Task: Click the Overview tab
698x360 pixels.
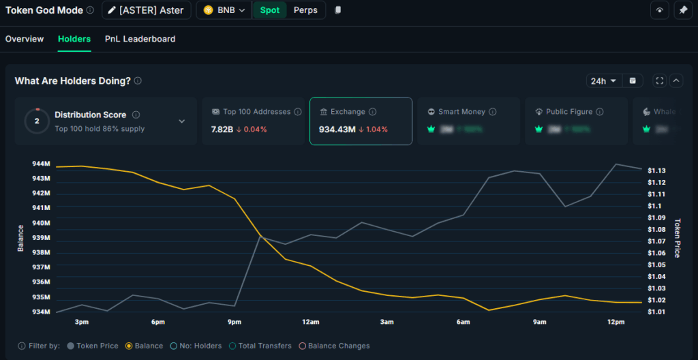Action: [25, 39]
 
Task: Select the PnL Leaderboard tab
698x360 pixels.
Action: [140, 39]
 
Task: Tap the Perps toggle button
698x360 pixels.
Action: [305, 10]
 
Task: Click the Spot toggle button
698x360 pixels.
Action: [270, 10]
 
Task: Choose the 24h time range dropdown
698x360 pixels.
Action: [603, 80]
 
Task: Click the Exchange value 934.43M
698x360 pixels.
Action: [337, 130]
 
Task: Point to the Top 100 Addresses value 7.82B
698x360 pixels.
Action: [222, 130]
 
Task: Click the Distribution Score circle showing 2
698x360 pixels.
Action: [37, 121]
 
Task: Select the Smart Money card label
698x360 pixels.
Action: [461, 112]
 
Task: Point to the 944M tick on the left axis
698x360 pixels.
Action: [41, 164]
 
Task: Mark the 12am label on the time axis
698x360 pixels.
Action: [311, 322]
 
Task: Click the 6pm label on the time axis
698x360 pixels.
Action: [158, 322]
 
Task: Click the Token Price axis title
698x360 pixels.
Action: [678, 238]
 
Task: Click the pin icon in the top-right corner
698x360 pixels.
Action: [682, 10]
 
